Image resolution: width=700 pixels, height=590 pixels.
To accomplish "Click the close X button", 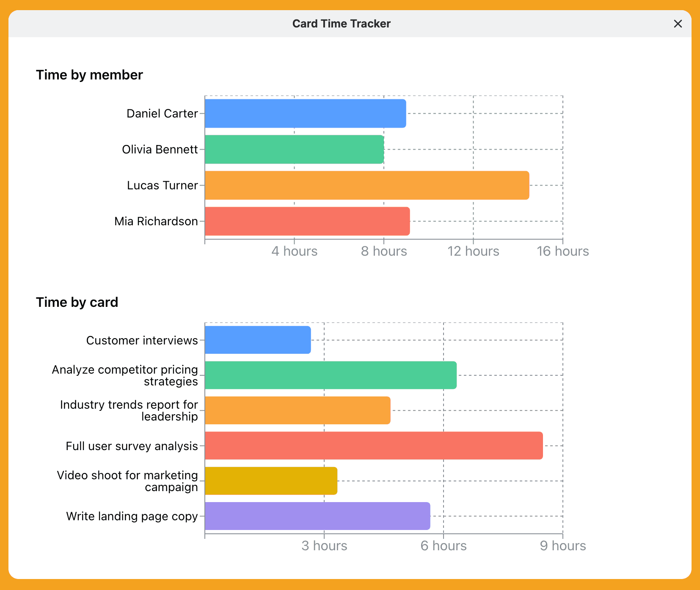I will (678, 24).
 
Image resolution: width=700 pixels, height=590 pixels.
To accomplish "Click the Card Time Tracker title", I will (341, 24).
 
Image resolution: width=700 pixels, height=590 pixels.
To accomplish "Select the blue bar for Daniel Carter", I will (305, 114).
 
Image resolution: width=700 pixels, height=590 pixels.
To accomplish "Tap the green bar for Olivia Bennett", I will (294, 150).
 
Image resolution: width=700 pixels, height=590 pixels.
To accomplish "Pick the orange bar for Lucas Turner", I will (367, 186).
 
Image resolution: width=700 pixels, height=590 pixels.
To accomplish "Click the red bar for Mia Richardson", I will (307, 221).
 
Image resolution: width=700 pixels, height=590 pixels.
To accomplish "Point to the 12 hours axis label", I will (473, 251).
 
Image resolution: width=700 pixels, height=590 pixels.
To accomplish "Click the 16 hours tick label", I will (562, 251).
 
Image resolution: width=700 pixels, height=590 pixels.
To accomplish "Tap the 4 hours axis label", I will (294, 251).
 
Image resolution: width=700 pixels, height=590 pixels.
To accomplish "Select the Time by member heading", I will (89, 75).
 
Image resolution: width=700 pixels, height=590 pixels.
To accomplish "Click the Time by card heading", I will (77, 302).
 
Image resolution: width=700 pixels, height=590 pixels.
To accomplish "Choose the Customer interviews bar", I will (258, 340).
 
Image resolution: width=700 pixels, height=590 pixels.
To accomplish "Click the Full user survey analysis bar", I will (374, 445).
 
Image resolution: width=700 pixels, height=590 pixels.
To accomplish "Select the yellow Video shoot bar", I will (271, 481).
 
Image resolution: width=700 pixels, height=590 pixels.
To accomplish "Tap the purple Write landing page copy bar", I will (317, 516).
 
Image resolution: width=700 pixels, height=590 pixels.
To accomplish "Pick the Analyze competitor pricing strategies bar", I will (331, 375).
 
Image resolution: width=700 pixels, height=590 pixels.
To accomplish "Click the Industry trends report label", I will (129, 410).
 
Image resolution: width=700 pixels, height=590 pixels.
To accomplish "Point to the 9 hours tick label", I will (562, 546).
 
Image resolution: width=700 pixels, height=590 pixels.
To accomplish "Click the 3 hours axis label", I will (324, 546).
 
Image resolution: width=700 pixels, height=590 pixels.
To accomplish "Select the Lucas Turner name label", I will (162, 186).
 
